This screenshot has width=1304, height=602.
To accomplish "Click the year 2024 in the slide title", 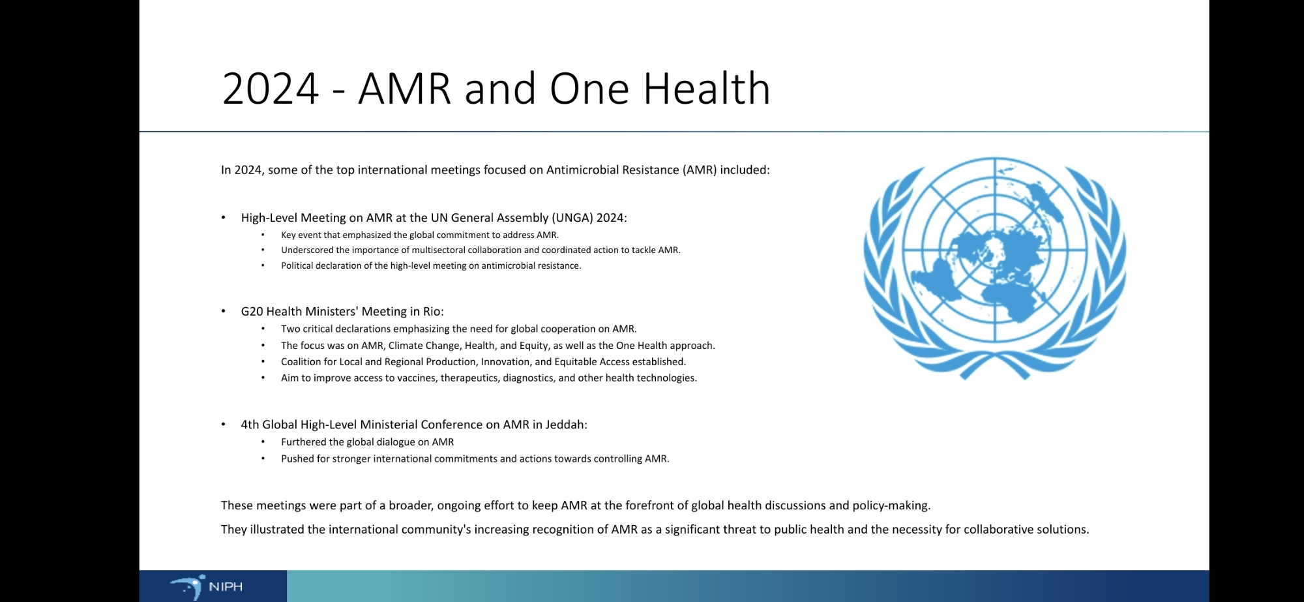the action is [271, 89].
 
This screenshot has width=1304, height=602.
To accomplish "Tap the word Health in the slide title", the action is [707, 88].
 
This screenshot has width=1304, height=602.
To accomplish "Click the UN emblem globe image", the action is [994, 268].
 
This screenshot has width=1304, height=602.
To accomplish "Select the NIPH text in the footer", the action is [226, 587].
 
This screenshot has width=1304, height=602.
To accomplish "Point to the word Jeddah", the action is [566, 425].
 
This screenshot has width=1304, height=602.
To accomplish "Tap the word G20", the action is [252, 312].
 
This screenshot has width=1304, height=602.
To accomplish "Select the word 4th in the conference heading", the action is [250, 425].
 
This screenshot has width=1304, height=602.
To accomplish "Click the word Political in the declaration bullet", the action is [297, 265].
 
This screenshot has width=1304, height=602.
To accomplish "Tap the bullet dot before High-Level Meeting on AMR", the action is [223, 218].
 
